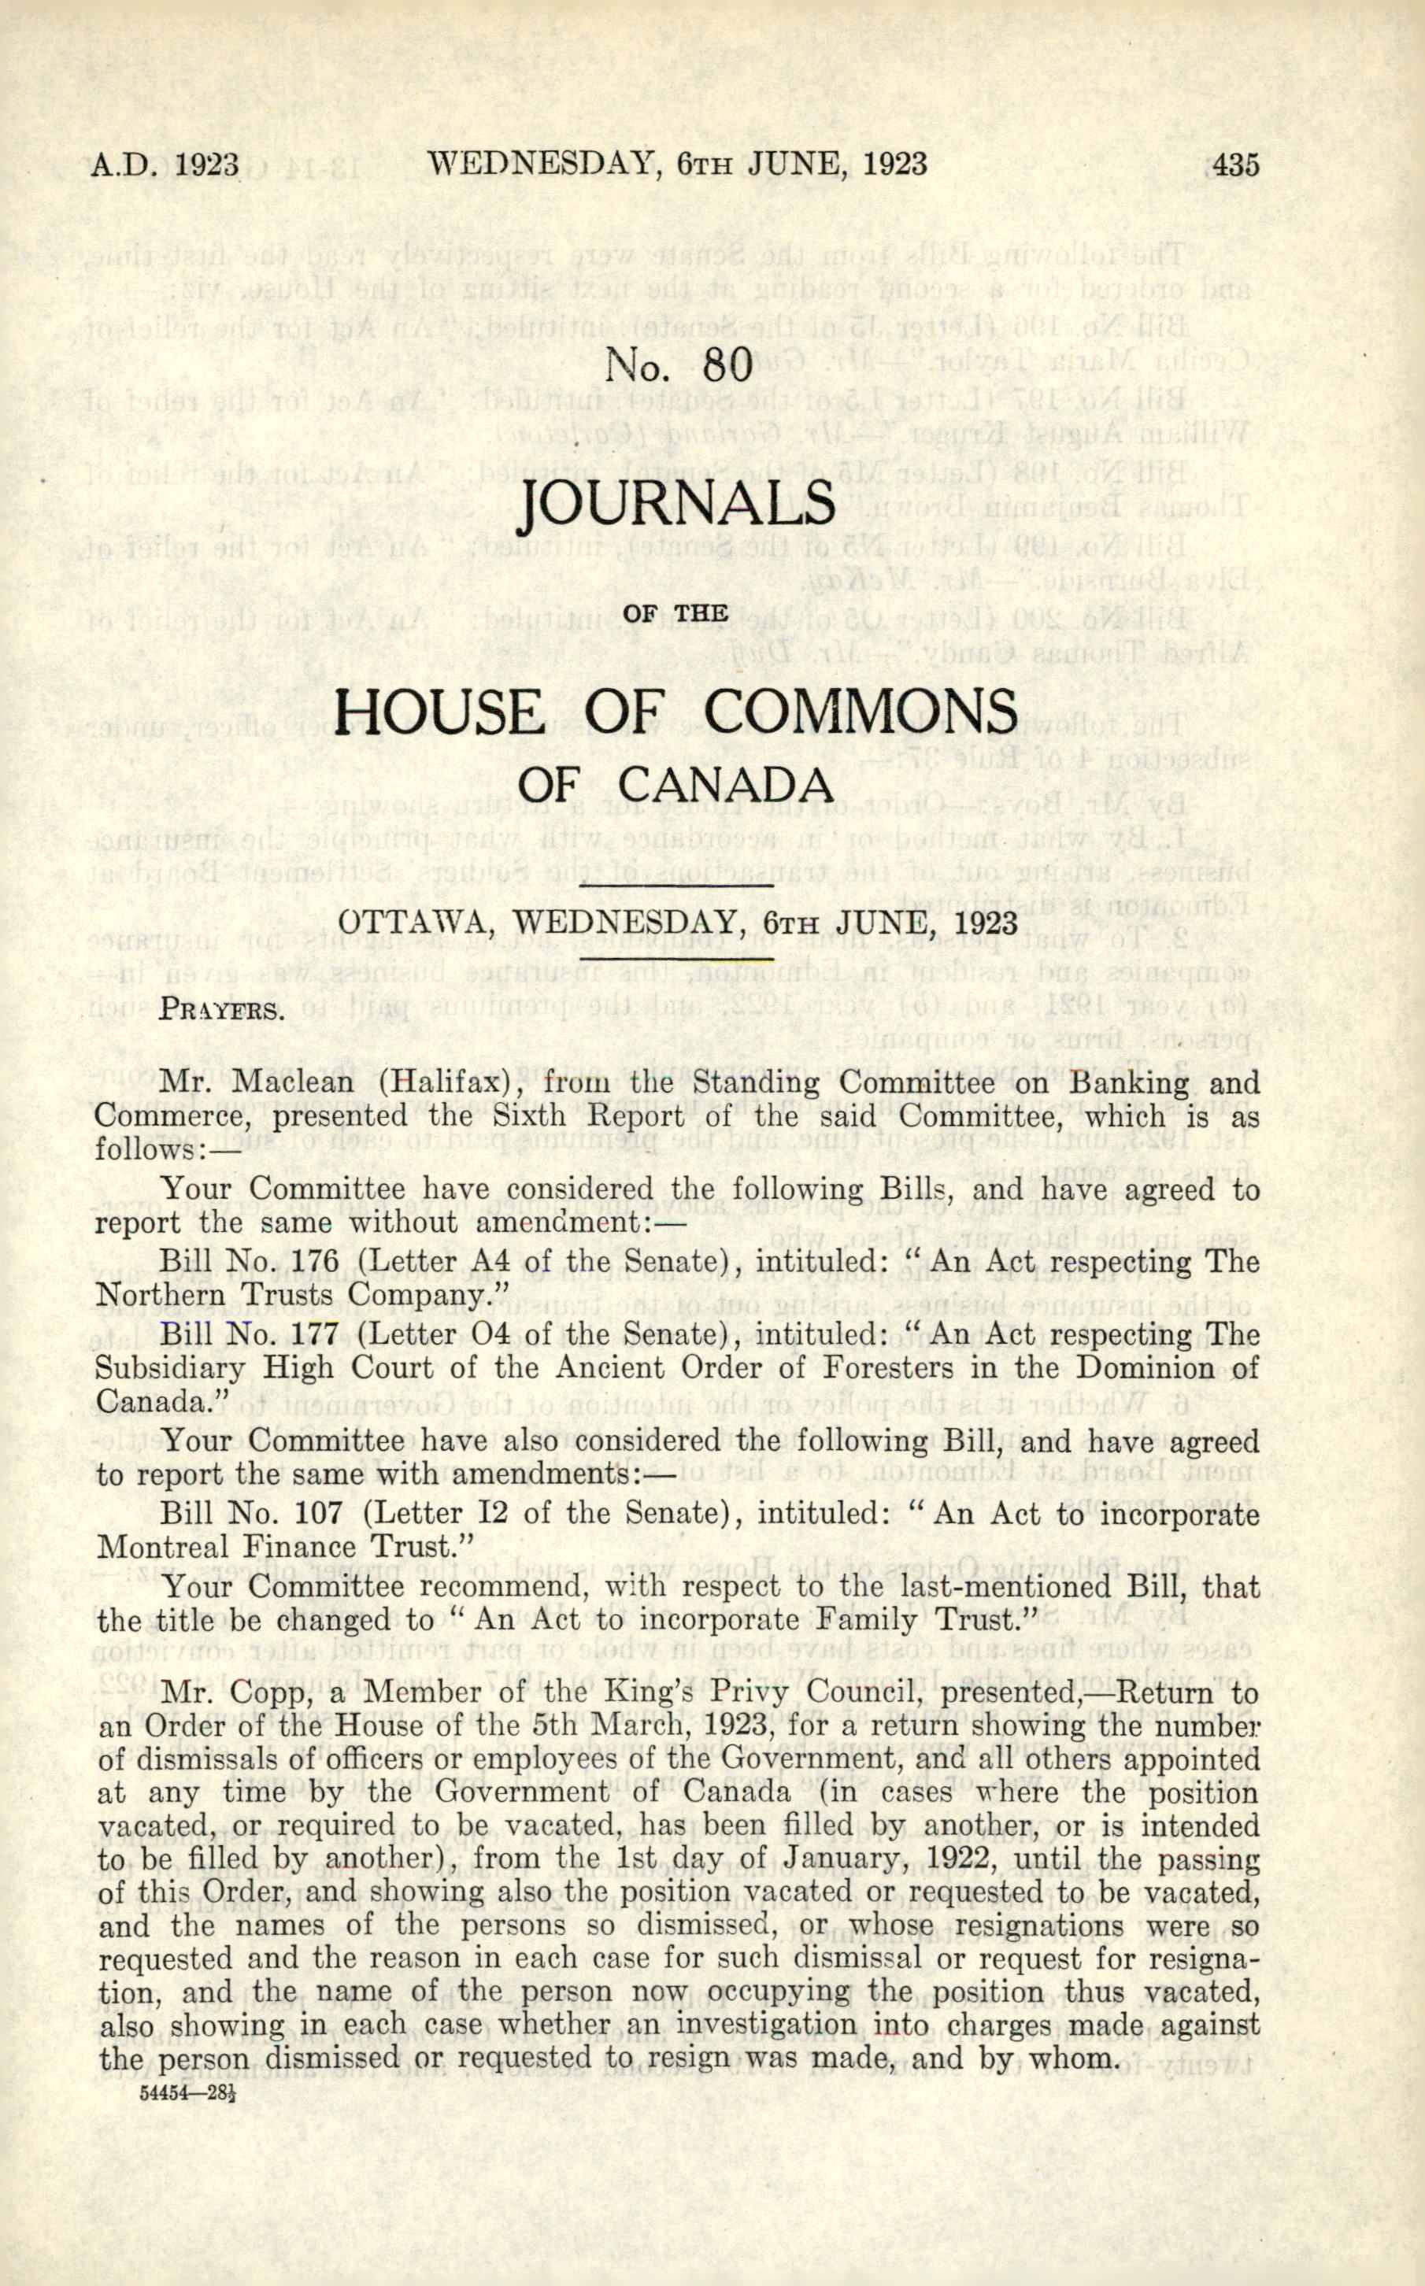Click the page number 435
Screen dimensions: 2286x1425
coord(1235,165)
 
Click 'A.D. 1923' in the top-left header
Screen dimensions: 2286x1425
coord(165,165)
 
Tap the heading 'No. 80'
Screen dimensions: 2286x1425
coord(679,364)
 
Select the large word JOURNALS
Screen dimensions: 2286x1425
coord(677,504)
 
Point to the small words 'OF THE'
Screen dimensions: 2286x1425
coord(675,614)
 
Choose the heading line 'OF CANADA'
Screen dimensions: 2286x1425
coord(675,784)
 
